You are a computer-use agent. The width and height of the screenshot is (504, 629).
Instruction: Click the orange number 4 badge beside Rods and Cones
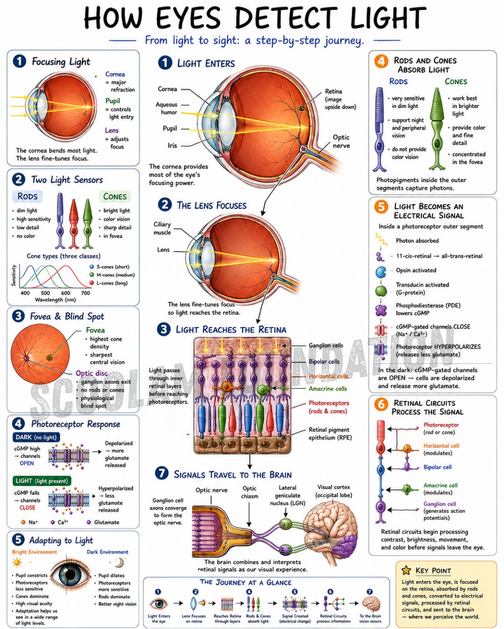pos(381,62)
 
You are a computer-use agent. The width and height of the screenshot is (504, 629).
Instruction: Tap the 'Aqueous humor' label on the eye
pos(166,108)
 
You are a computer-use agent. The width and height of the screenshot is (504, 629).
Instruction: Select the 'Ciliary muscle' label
pos(162,228)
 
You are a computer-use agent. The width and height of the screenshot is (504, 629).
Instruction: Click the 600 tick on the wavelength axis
pos(65,293)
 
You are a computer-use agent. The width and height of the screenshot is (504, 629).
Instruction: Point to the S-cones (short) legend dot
pos(91,267)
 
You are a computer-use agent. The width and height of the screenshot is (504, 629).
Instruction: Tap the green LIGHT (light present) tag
pos(42,481)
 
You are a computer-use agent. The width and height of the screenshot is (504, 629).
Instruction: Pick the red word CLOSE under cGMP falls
pos(27,507)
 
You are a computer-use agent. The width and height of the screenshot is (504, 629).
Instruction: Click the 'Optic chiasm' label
pos(250,492)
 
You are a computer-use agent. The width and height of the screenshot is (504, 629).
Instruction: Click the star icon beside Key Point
pos(406,570)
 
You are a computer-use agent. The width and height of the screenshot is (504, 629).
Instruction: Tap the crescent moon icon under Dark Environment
pos(119,562)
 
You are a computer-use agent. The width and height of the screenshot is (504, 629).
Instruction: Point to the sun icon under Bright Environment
pos(17,562)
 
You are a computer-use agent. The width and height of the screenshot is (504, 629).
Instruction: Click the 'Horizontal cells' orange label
pos(328,376)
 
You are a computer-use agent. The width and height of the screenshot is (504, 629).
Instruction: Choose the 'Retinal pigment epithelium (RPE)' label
pos(330,433)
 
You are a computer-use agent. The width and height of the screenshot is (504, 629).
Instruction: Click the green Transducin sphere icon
pos(381,291)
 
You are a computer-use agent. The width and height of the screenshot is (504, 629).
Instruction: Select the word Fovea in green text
pos(95,330)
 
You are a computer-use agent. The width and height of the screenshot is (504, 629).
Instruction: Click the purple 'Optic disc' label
pos(91,373)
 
